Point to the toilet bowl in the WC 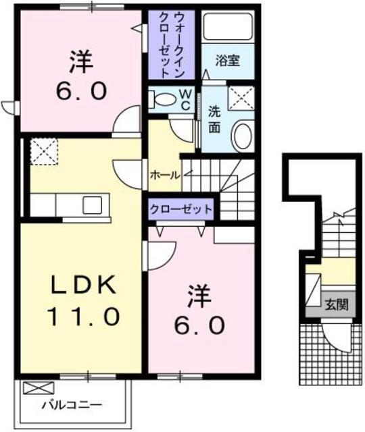162,99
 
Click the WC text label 184,99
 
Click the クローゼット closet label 180,209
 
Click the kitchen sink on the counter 93,202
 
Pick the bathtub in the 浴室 228,28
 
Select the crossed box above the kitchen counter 42,150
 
